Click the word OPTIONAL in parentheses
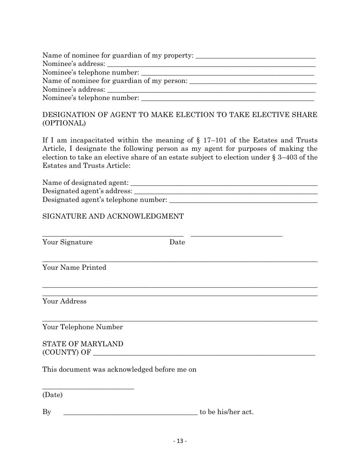click(64, 123)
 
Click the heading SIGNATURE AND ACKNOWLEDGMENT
click(113, 216)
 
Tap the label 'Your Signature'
click(67, 242)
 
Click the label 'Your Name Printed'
click(74, 267)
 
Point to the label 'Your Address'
click(64, 301)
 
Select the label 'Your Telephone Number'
click(83, 327)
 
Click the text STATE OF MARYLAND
click(83, 344)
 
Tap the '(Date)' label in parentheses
click(53, 395)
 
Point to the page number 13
click(180, 441)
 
